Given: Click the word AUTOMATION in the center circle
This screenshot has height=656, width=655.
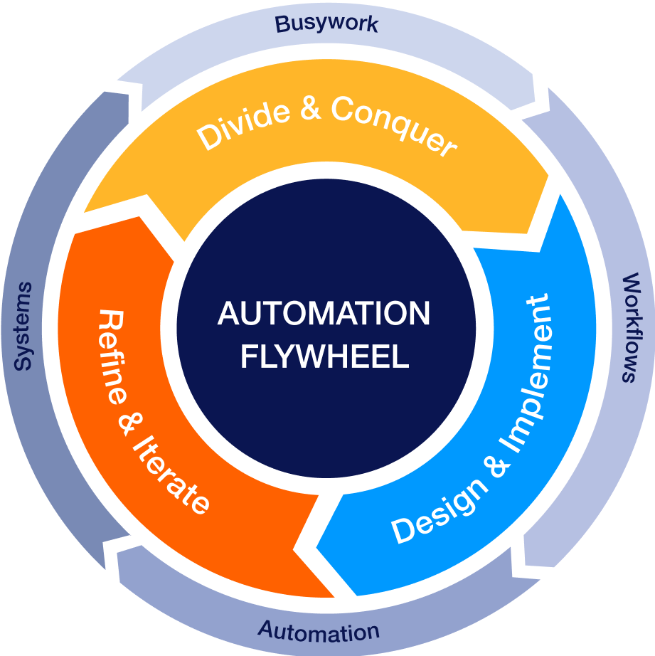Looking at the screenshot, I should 324,313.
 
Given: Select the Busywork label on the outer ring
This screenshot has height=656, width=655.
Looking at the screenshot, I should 326,23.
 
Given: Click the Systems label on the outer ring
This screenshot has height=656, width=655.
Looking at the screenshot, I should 23,327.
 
